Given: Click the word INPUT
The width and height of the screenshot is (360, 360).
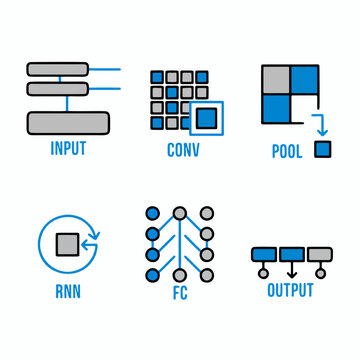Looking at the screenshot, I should (x=67, y=151).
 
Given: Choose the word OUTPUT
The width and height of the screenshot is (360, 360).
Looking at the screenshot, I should (x=290, y=291).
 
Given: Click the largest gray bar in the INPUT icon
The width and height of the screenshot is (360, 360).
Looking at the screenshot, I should (x=67, y=123).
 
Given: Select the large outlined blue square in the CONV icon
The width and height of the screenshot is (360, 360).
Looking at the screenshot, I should (x=206, y=119).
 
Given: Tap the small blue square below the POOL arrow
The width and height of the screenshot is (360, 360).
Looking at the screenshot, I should (x=322, y=149).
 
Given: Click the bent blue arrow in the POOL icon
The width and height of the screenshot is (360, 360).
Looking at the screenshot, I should (x=318, y=127).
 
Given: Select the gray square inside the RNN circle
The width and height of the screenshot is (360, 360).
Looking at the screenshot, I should (x=69, y=243).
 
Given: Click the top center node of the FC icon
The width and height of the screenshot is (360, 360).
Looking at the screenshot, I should (x=179, y=213).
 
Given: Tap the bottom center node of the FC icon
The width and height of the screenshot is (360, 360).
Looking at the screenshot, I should (x=179, y=274).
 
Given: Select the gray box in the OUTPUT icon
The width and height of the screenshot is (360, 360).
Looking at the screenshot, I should (x=320, y=253).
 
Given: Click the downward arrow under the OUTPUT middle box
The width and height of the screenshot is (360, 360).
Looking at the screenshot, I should (x=292, y=268).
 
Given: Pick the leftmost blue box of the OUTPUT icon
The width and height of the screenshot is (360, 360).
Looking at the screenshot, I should (x=264, y=253).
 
